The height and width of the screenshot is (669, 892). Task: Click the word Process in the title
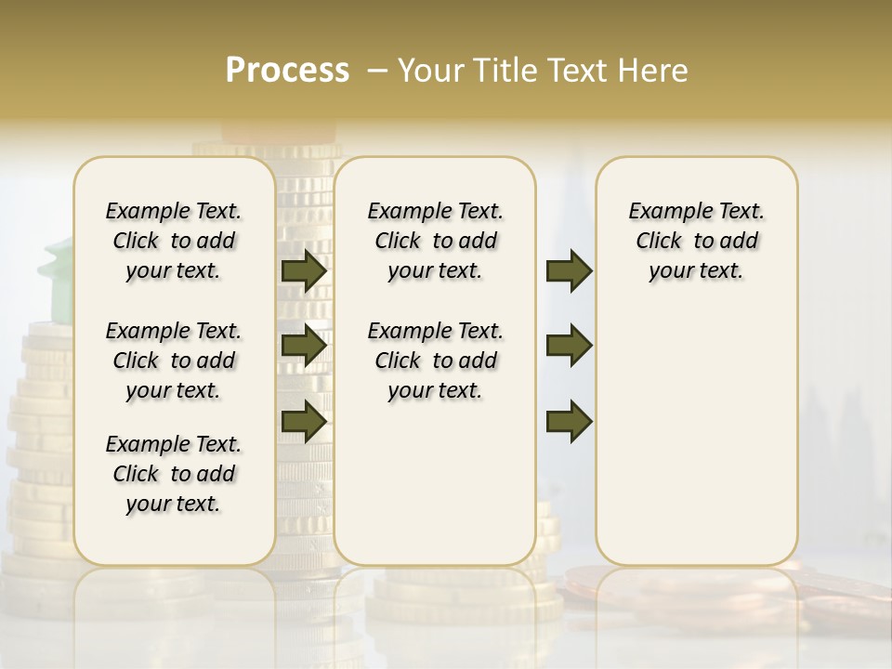[287, 71]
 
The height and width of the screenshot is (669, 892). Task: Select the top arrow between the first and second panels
[304, 271]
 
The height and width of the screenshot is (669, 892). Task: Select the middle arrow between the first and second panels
[304, 346]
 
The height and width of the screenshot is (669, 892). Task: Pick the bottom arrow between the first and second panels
[304, 420]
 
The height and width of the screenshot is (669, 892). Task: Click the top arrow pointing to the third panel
[569, 271]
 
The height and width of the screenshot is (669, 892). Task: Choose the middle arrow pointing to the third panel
[569, 346]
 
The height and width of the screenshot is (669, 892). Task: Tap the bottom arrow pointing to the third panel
[569, 420]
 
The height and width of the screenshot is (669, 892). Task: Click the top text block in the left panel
[174, 241]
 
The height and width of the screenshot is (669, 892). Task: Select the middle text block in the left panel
[174, 361]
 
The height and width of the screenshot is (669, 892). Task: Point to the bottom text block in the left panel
[174, 474]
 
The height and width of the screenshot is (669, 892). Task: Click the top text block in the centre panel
[435, 241]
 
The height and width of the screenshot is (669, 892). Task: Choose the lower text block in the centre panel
[435, 361]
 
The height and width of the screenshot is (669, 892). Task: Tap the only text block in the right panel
[697, 241]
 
